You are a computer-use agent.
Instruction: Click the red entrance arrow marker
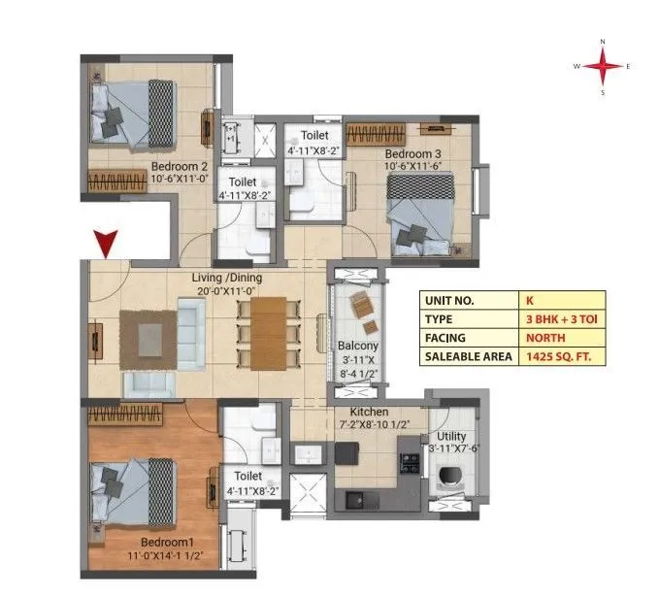click(106, 244)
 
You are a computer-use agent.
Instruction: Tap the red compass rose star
click(603, 66)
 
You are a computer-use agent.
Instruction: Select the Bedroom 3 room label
click(412, 154)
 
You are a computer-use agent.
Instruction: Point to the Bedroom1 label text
click(167, 543)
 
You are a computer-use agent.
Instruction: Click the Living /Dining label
click(227, 278)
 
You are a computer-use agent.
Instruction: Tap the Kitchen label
click(369, 412)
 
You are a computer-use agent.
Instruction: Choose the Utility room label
click(451, 437)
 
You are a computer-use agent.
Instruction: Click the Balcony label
click(358, 346)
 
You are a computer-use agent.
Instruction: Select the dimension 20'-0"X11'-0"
click(226, 291)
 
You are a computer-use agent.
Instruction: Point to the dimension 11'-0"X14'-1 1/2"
click(166, 556)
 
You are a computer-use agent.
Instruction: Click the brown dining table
click(269, 334)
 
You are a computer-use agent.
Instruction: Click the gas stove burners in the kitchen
click(410, 463)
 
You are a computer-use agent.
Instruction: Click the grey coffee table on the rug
click(150, 340)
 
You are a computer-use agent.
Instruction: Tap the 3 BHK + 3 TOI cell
click(562, 319)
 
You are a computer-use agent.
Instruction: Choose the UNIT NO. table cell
click(470, 301)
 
